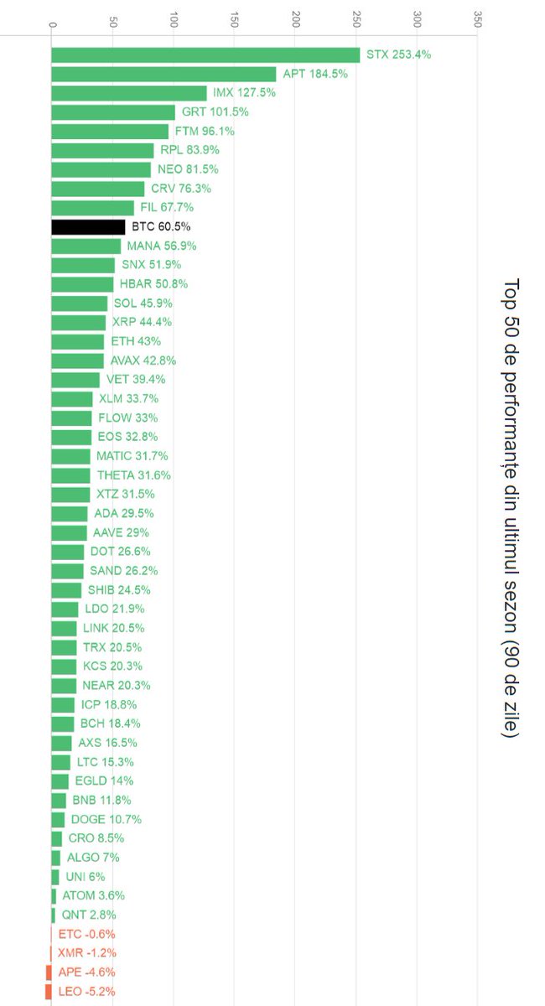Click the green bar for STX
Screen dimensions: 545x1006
pyautogui.click(x=205, y=54)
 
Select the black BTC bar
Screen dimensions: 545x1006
pyautogui.click(x=88, y=227)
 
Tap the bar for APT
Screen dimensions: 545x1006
pyautogui.click(x=163, y=74)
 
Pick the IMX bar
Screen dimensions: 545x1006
pyautogui.click(x=129, y=93)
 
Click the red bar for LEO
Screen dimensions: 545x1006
pyautogui.click(x=49, y=991)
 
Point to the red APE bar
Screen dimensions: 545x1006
pyautogui.click(x=49, y=972)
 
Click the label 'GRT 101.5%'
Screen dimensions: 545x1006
pyautogui.click(x=215, y=111)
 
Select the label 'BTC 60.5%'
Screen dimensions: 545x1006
pyautogui.click(x=161, y=226)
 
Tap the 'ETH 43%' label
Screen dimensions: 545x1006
pyautogui.click(x=136, y=341)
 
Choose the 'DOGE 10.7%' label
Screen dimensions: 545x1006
pyautogui.click(x=106, y=819)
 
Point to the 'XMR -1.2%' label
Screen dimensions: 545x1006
pyautogui.click(x=86, y=952)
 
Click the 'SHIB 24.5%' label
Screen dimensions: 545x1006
pyautogui.click(x=119, y=589)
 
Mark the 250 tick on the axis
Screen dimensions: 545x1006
pyautogui.click(x=356, y=18)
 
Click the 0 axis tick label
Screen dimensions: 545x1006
pyautogui.click(x=53, y=24)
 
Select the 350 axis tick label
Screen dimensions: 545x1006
pyautogui.click(x=478, y=18)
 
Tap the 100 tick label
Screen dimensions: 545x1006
pyautogui.click(x=174, y=18)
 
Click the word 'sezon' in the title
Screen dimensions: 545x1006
pyautogui.click(x=511, y=604)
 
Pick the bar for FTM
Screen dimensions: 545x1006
pyautogui.click(x=110, y=132)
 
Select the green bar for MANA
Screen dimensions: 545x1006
pyautogui.click(x=86, y=246)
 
